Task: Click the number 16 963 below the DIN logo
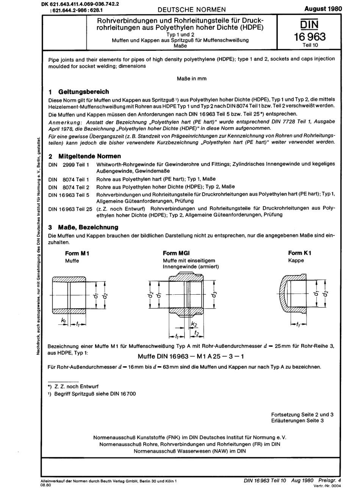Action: pyautogui.click(x=309, y=37)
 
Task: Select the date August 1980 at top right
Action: pyautogui.click(x=323, y=9)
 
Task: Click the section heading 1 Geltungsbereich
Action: pyautogui.click(x=79, y=92)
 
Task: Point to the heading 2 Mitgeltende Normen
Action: pyautogui.click(x=85, y=156)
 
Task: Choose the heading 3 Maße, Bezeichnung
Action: pyautogui.click(x=83, y=227)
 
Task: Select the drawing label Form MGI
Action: pyautogui.click(x=176, y=253)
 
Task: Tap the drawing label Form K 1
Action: pyautogui.click(x=299, y=253)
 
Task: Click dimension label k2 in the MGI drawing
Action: pyautogui.click(x=194, y=324)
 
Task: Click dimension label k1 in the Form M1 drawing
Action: pyautogui.click(x=63, y=321)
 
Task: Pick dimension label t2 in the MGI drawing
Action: pyautogui.click(x=197, y=333)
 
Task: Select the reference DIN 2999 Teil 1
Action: pyautogui.click(x=69, y=164)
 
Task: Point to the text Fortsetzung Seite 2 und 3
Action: pyautogui.click(x=302, y=414)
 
